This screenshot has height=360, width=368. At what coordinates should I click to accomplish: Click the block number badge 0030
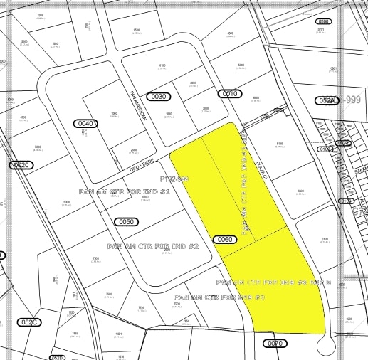(159, 96)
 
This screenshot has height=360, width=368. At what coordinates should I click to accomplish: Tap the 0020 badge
(22, 165)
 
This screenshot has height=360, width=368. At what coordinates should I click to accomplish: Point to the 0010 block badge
(229, 94)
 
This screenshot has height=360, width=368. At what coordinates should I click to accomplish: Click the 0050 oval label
(125, 222)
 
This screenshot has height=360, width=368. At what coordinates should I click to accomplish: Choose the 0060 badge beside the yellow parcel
(225, 240)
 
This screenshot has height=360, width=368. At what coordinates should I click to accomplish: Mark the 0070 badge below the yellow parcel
(275, 343)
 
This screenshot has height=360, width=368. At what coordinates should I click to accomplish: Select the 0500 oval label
(324, 21)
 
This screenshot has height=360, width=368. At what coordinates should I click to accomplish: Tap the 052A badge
(327, 101)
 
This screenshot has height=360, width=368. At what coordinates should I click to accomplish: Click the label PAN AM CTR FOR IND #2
(152, 246)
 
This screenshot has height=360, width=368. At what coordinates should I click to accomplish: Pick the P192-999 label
(174, 179)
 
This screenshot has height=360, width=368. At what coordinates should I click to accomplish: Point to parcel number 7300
(95, 258)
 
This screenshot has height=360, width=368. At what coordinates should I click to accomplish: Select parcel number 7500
(109, 294)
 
